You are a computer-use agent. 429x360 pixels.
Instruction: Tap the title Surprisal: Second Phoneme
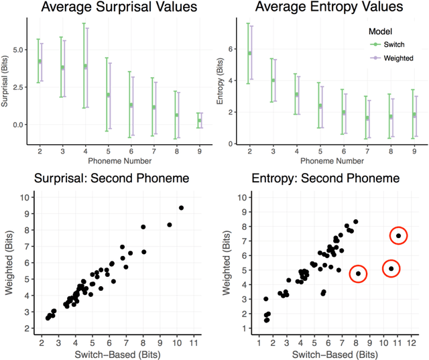click(111, 178)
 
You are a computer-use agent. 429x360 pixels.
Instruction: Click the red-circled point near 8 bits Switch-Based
click(359, 274)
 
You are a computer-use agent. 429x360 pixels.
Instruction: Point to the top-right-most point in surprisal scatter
click(181, 208)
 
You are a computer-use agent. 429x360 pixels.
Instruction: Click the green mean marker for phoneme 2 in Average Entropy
click(249, 54)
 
